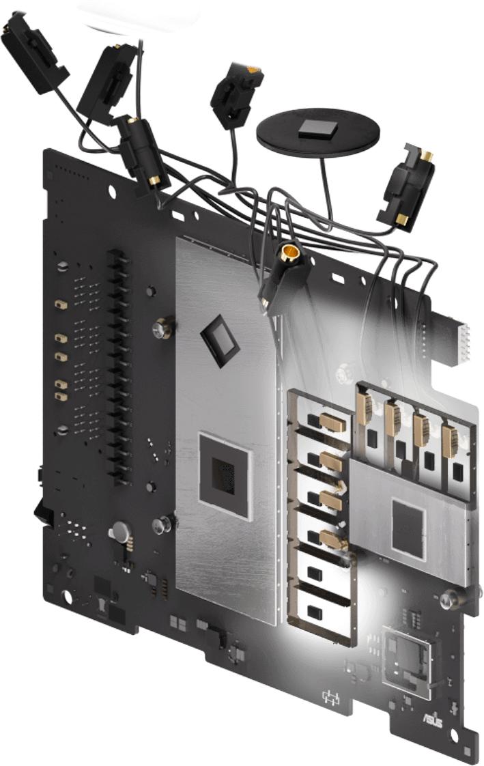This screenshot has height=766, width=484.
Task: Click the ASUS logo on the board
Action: point(433,720)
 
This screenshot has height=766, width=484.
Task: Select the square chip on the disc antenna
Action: point(318,128)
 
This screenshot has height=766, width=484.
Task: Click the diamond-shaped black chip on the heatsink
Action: point(220,341)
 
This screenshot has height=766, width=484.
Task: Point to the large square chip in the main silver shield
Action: point(225,475)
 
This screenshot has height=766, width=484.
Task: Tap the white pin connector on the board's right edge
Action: point(464,343)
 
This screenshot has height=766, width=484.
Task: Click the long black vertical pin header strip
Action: point(119,367)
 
